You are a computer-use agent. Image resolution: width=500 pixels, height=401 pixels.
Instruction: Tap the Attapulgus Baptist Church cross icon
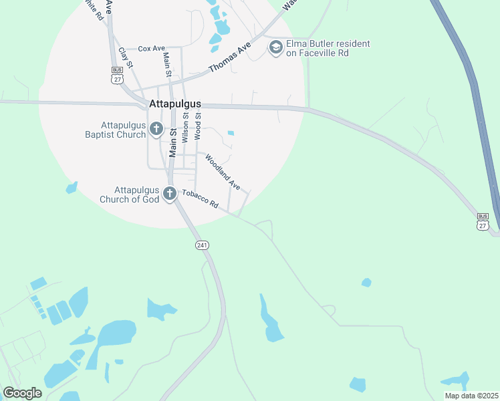point(156,128)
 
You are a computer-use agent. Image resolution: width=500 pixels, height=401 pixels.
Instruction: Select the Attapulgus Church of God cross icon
point(170,194)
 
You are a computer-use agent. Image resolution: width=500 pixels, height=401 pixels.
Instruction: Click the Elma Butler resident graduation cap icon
point(275,47)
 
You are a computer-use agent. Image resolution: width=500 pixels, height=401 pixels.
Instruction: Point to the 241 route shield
point(203,245)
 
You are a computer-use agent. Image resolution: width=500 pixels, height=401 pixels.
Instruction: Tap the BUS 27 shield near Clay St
point(118,75)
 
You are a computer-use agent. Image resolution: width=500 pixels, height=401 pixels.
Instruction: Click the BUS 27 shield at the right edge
point(483,221)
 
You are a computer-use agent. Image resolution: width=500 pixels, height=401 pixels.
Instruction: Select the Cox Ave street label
point(151,49)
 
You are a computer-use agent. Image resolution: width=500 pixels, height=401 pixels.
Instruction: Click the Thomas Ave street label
point(229,57)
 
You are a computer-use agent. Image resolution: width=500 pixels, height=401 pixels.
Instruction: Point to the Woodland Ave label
point(222,172)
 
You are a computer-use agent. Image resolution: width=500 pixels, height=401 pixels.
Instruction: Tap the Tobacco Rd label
point(201,198)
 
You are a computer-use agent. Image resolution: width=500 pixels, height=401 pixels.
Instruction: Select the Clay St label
point(126,57)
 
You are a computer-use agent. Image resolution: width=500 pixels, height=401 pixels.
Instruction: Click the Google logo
point(22,393)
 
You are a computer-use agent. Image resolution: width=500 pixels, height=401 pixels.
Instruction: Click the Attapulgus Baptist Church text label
point(124,130)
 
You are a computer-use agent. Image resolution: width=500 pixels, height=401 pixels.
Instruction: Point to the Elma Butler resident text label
point(328,48)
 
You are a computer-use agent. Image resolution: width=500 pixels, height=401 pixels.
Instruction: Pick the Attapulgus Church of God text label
point(130,194)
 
